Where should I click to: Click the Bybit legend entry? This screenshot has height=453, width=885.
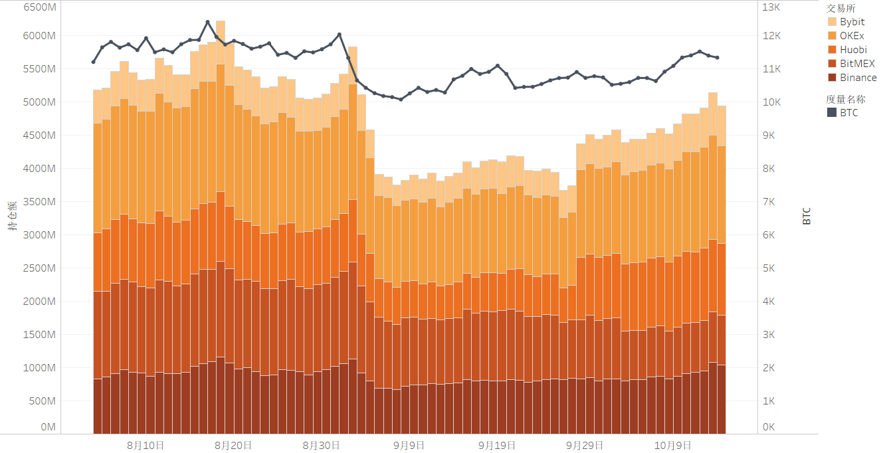(852, 22)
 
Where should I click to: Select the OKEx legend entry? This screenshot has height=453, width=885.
(852, 35)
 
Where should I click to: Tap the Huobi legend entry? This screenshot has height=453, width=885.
(853, 49)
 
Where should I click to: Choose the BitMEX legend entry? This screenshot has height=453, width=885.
(857, 64)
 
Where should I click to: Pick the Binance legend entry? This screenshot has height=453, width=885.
(858, 78)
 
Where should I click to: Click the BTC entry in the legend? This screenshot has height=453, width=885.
(848, 113)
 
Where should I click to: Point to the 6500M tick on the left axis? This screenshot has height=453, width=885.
(39, 7)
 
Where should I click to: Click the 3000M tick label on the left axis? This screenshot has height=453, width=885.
(39, 235)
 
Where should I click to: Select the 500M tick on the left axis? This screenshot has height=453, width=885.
(42, 401)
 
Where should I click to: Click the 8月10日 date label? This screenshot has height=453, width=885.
(145, 445)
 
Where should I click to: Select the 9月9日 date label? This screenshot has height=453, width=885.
(409, 445)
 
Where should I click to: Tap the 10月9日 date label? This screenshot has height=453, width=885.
(674, 445)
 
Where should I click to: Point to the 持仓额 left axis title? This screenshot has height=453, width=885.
(13, 216)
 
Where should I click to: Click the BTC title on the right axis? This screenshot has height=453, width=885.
(807, 216)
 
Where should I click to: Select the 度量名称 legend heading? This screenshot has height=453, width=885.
(845, 100)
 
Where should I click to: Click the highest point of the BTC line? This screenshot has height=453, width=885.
(207, 22)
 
